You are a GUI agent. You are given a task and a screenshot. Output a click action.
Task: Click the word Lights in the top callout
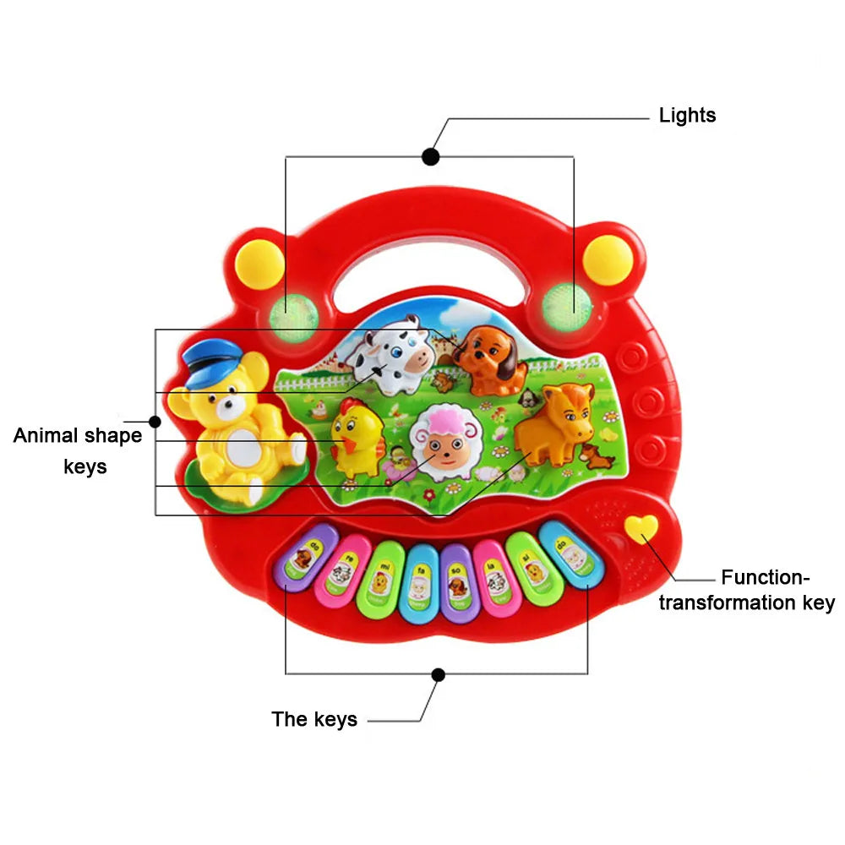[687, 116]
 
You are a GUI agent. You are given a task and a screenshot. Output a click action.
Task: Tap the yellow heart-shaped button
[641, 530]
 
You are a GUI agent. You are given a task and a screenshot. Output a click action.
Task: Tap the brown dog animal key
[489, 359]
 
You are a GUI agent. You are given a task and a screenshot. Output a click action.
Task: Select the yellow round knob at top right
[608, 259]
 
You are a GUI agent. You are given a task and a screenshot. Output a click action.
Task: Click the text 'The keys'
[314, 719]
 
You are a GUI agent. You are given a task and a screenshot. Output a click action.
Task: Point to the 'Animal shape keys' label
[78, 450]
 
